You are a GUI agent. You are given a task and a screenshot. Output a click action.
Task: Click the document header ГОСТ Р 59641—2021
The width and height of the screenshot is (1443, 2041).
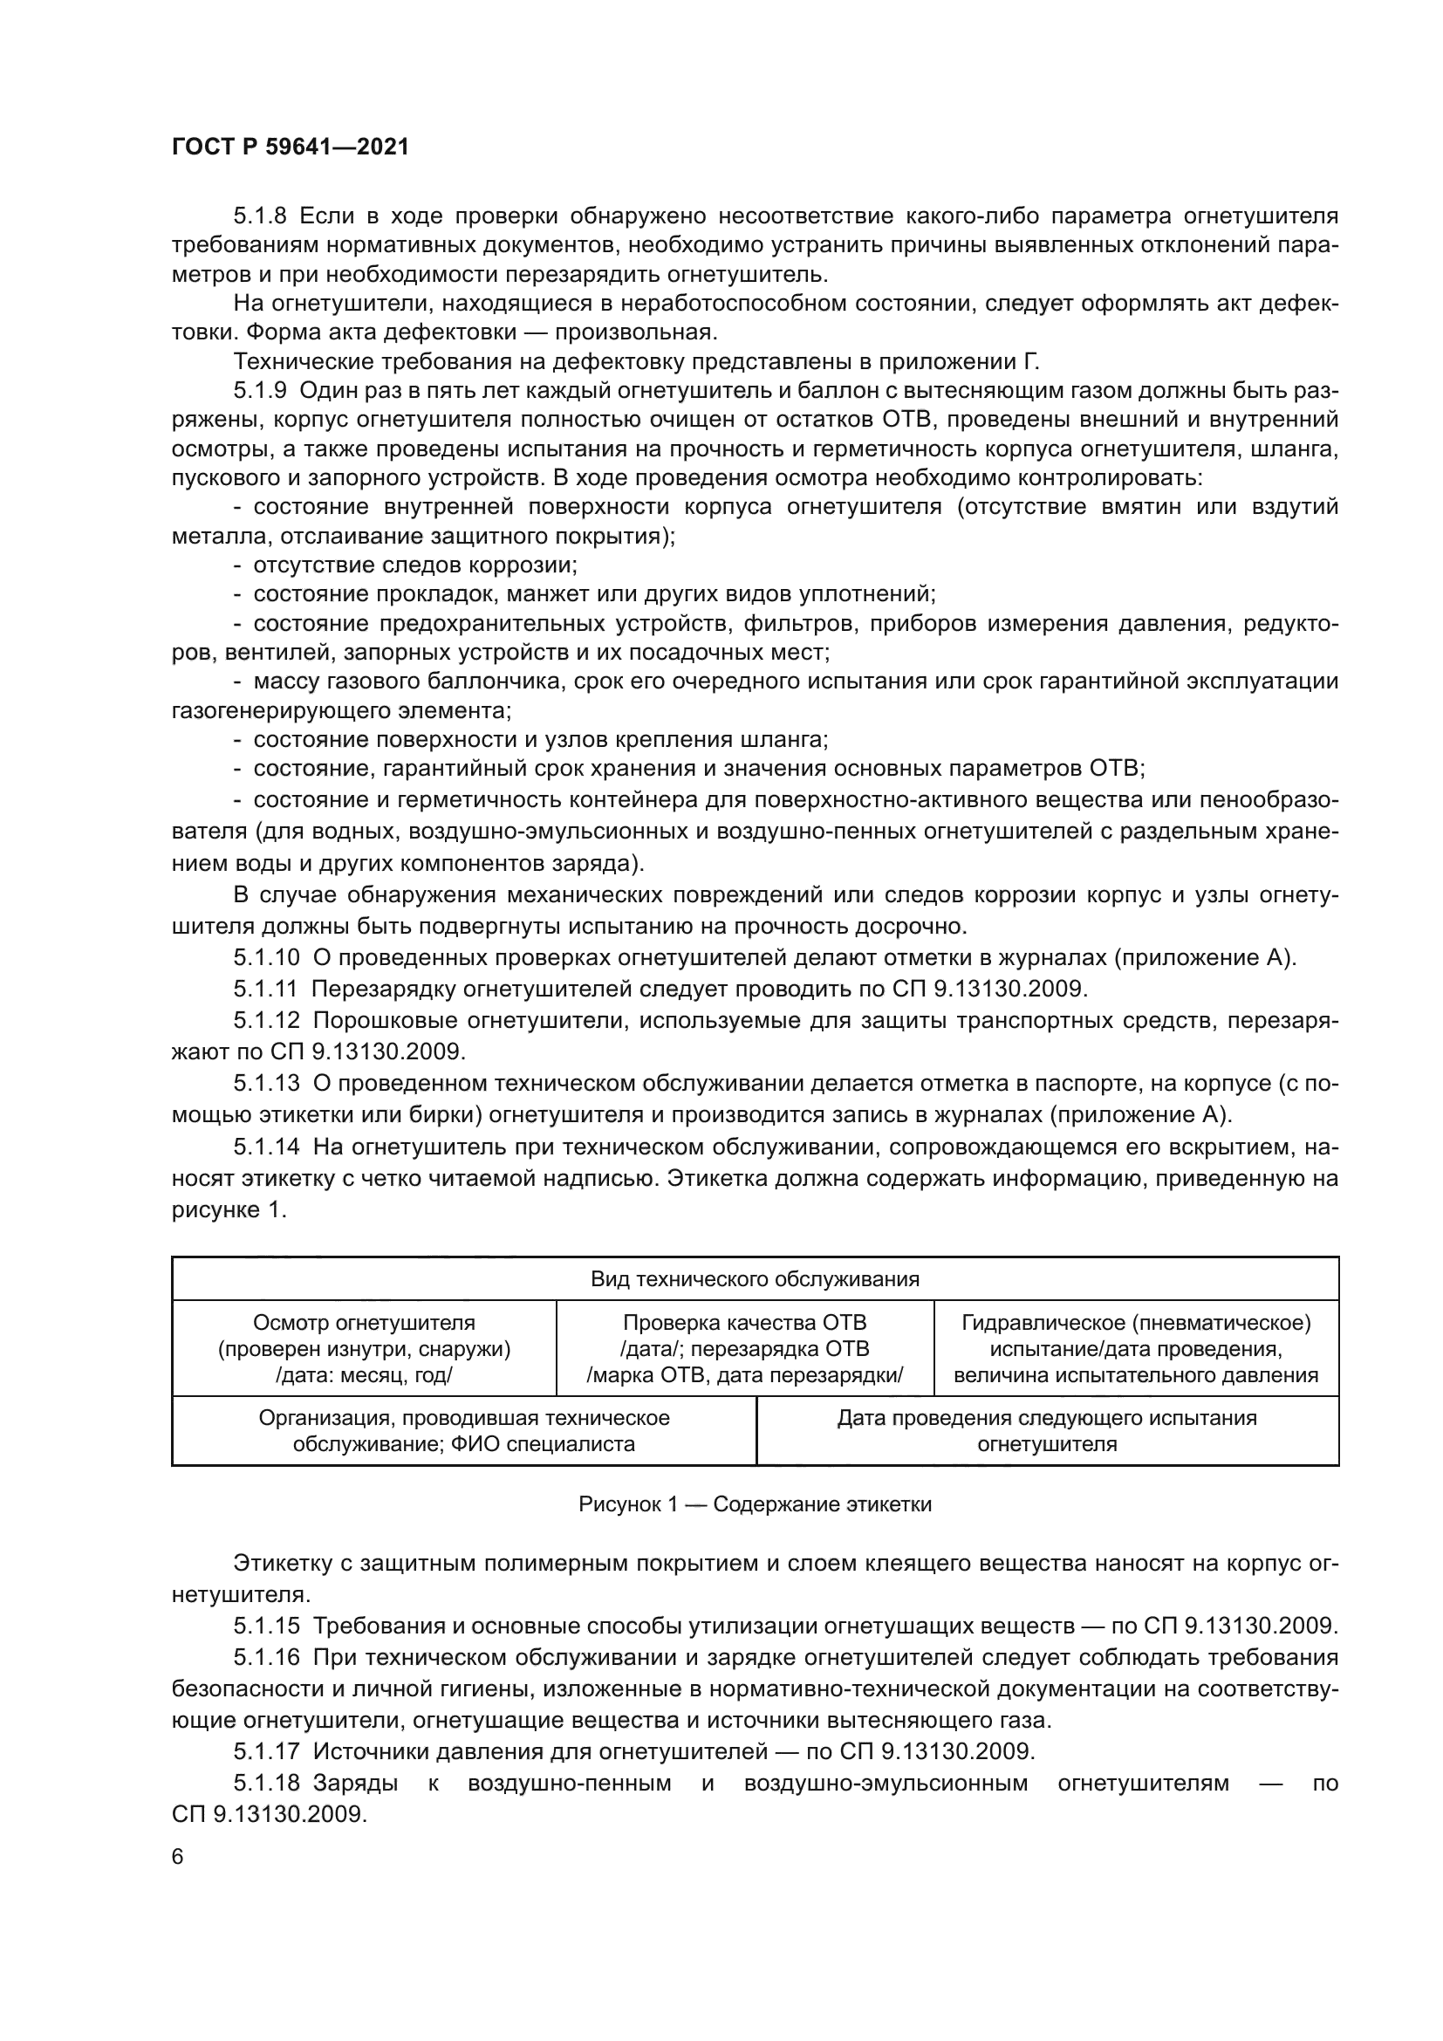290,147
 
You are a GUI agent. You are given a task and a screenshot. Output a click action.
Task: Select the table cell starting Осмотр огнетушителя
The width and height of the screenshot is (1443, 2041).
365,1348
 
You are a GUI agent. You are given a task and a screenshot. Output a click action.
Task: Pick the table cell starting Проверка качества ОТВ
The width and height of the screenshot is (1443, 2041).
744,1348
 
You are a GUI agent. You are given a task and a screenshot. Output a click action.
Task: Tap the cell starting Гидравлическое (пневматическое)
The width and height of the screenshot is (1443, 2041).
1136,1348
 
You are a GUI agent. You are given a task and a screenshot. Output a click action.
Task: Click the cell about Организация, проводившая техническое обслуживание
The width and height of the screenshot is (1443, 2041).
464,1430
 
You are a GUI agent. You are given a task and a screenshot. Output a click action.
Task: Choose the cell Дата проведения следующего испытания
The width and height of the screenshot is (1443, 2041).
1047,1430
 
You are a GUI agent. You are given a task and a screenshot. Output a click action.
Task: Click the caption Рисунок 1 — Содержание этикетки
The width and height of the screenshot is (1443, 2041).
755,1504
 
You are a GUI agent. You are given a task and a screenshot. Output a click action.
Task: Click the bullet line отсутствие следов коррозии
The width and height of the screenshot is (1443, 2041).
415,565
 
